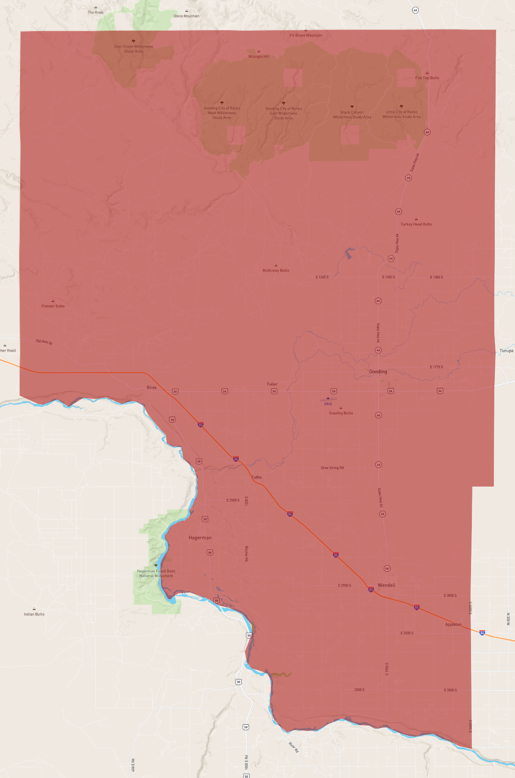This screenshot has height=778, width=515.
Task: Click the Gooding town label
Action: (378, 372)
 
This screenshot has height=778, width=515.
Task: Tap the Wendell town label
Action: (387, 585)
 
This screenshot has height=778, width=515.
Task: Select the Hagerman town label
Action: (200, 538)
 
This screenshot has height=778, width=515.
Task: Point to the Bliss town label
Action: (152, 388)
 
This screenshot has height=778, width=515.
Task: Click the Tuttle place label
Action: (256, 477)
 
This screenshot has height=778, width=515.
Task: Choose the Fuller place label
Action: (272, 384)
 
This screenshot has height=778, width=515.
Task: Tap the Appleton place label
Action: (453, 625)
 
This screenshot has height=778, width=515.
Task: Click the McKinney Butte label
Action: (276, 271)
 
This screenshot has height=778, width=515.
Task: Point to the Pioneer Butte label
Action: (53, 306)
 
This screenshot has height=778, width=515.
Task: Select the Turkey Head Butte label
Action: (416, 224)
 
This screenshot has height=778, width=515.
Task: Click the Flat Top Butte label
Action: (427, 78)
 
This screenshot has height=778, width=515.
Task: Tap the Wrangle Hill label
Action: (259, 57)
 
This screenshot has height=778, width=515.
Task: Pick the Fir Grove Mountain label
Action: (306, 36)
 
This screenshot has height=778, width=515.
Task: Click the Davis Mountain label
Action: (186, 16)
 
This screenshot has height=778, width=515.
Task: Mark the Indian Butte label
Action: (34, 614)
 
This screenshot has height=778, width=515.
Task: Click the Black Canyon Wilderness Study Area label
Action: (352, 115)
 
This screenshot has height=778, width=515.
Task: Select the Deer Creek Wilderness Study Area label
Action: (134, 49)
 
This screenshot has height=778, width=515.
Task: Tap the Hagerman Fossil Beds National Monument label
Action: (156, 574)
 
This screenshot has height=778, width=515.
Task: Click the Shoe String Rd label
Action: (332, 468)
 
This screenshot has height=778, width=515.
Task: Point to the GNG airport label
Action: (328, 404)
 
